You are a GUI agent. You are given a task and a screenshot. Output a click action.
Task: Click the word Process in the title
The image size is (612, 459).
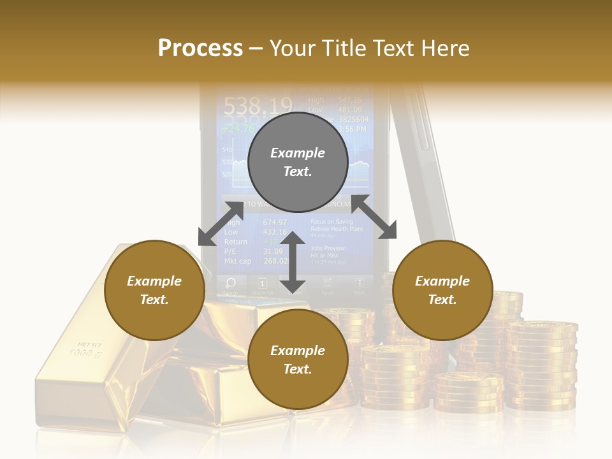(x=200, y=48)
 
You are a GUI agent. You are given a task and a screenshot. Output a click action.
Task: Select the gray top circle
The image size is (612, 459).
(x=298, y=162)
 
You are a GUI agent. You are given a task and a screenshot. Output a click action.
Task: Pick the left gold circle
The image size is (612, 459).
(x=154, y=290)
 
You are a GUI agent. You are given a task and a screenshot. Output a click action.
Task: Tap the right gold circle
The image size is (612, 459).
(x=442, y=290)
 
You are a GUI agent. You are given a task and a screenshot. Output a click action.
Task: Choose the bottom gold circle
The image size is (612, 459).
(x=298, y=360)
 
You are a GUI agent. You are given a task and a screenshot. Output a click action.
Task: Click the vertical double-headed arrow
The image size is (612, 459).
(x=293, y=263)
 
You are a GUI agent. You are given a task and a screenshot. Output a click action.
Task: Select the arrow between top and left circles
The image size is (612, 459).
(x=221, y=224)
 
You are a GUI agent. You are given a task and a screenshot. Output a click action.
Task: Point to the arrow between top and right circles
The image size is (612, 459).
(x=374, y=217)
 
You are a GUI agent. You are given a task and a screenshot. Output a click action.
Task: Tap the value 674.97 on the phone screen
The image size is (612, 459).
(x=275, y=222)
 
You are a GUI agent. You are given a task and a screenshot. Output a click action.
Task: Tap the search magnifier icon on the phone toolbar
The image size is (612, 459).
(x=231, y=282)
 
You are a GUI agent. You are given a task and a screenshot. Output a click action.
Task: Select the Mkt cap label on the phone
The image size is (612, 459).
(x=237, y=261)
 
